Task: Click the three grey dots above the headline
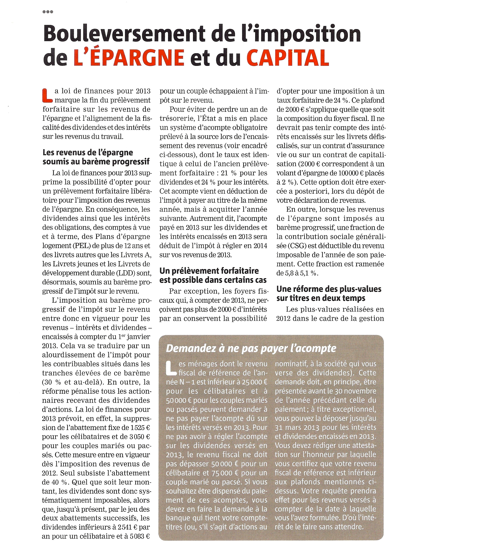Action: (x=48, y=12)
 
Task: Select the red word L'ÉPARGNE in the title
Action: (x=129, y=57)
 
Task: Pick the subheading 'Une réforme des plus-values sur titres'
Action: (x=329, y=294)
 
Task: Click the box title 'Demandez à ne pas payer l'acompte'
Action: (x=251, y=348)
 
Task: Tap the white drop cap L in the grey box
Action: (x=171, y=368)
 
